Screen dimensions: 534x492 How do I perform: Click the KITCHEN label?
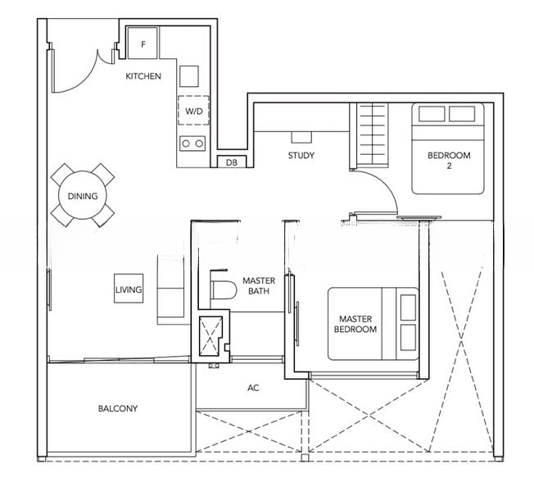[143, 76]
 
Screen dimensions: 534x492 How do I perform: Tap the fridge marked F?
[143, 43]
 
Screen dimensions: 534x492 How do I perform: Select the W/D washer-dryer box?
[193, 111]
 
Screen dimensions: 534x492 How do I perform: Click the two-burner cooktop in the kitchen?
[192, 143]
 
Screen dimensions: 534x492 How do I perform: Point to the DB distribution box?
[232, 162]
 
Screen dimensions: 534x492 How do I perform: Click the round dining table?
[83, 195]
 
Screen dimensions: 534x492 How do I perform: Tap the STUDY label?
[301, 156]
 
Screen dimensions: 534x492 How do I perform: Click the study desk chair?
[301, 138]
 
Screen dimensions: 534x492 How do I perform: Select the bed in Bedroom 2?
[448, 148]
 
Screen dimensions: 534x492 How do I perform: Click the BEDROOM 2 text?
[449, 160]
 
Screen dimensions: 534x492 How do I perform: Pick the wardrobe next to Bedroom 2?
[369, 135]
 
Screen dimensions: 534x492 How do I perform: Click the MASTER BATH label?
[259, 285]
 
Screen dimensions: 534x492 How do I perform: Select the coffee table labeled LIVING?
[129, 289]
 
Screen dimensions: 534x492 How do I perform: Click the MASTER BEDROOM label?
[355, 324]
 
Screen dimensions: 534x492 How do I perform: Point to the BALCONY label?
[118, 408]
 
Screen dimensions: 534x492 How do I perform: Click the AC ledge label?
[253, 388]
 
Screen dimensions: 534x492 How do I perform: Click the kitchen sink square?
[189, 76]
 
